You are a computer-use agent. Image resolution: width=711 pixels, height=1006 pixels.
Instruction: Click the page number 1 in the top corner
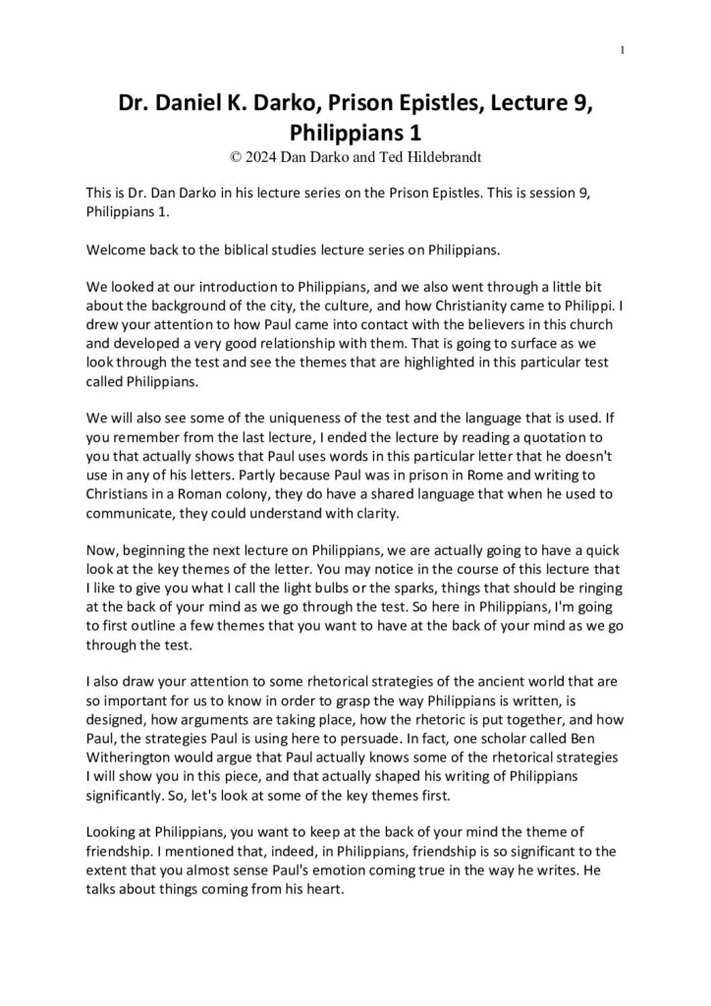(x=625, y=50)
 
